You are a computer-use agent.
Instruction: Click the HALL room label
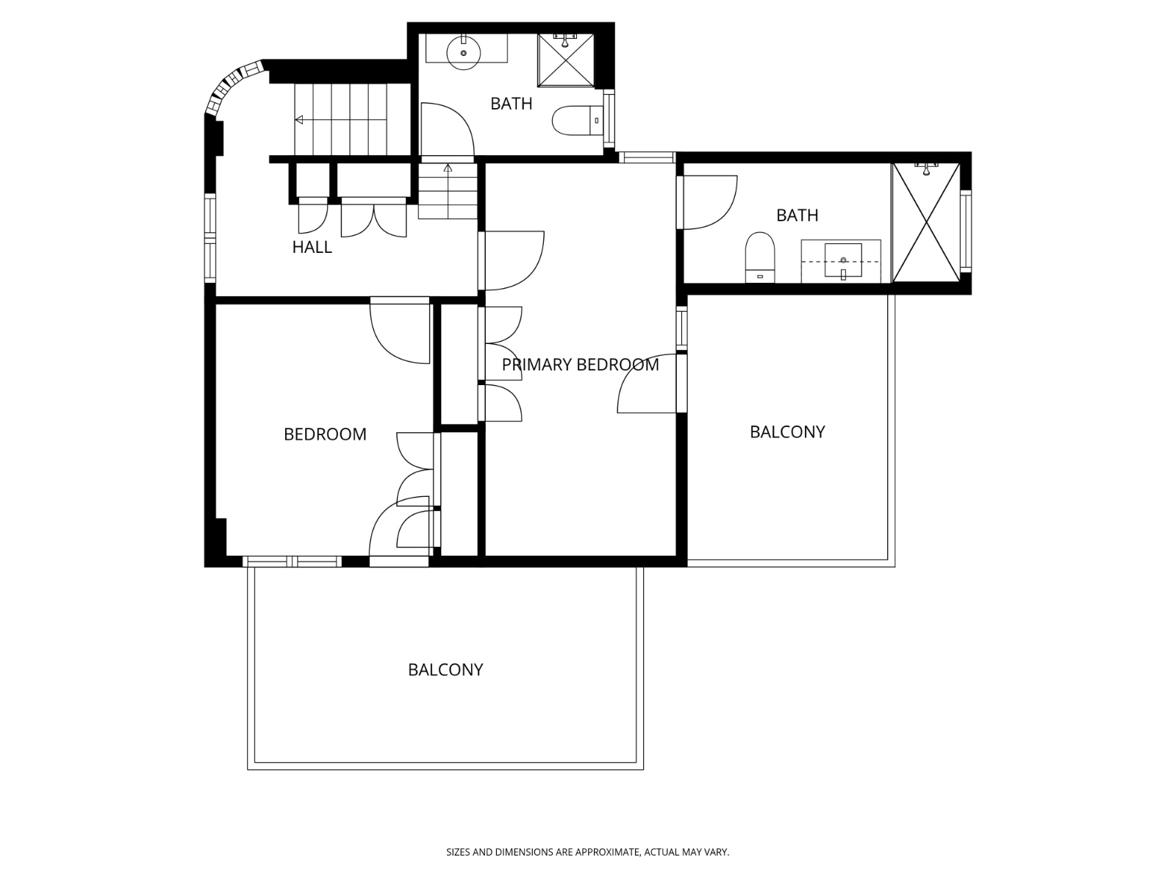(x=312, y=247)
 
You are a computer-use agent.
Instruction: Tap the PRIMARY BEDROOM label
(x=580, y=365)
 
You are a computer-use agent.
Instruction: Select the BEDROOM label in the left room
(x=325, y=434)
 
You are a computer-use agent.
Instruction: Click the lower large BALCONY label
(x=445, y=670)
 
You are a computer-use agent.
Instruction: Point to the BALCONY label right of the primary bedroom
(x=787, y=432)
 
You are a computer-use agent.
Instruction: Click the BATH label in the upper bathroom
(x=511, y=104)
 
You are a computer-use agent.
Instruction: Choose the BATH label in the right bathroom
(x=797, y=215)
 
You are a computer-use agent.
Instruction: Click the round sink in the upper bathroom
(x=464, y=52)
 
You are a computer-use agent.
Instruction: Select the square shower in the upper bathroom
(x=566, y=60)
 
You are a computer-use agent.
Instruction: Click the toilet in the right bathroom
(x=760, y=257)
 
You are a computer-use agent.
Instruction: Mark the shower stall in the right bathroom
(x=926, y=223)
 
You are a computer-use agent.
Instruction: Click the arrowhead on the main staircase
(x=299, y=120)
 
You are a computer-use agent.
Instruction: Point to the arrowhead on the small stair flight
(x=448, y=168)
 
